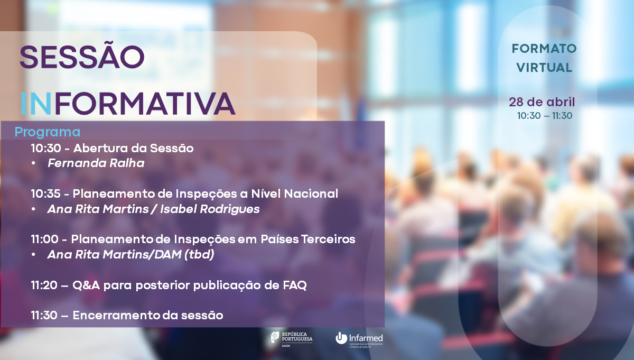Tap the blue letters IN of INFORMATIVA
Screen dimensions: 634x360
point(36,104)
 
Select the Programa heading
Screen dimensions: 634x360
point(48,132)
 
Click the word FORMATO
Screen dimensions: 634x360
point(544,49)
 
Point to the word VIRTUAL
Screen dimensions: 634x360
point(544,68)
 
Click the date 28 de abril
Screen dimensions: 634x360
point(542,102)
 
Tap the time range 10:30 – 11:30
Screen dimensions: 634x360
point(545,116)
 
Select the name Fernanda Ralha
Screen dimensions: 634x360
point(96,163)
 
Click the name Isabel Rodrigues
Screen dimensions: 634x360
point(210,209)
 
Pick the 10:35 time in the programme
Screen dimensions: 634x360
point(45,193)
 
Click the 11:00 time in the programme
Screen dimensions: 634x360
point(45,239)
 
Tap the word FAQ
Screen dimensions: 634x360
point(295,285)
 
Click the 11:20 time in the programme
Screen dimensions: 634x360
point(44,285)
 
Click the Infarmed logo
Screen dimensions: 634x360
point(359,339)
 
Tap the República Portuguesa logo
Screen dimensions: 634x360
point(292,339)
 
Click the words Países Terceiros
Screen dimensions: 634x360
point(307,239)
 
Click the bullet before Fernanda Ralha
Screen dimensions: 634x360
point(34,163)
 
